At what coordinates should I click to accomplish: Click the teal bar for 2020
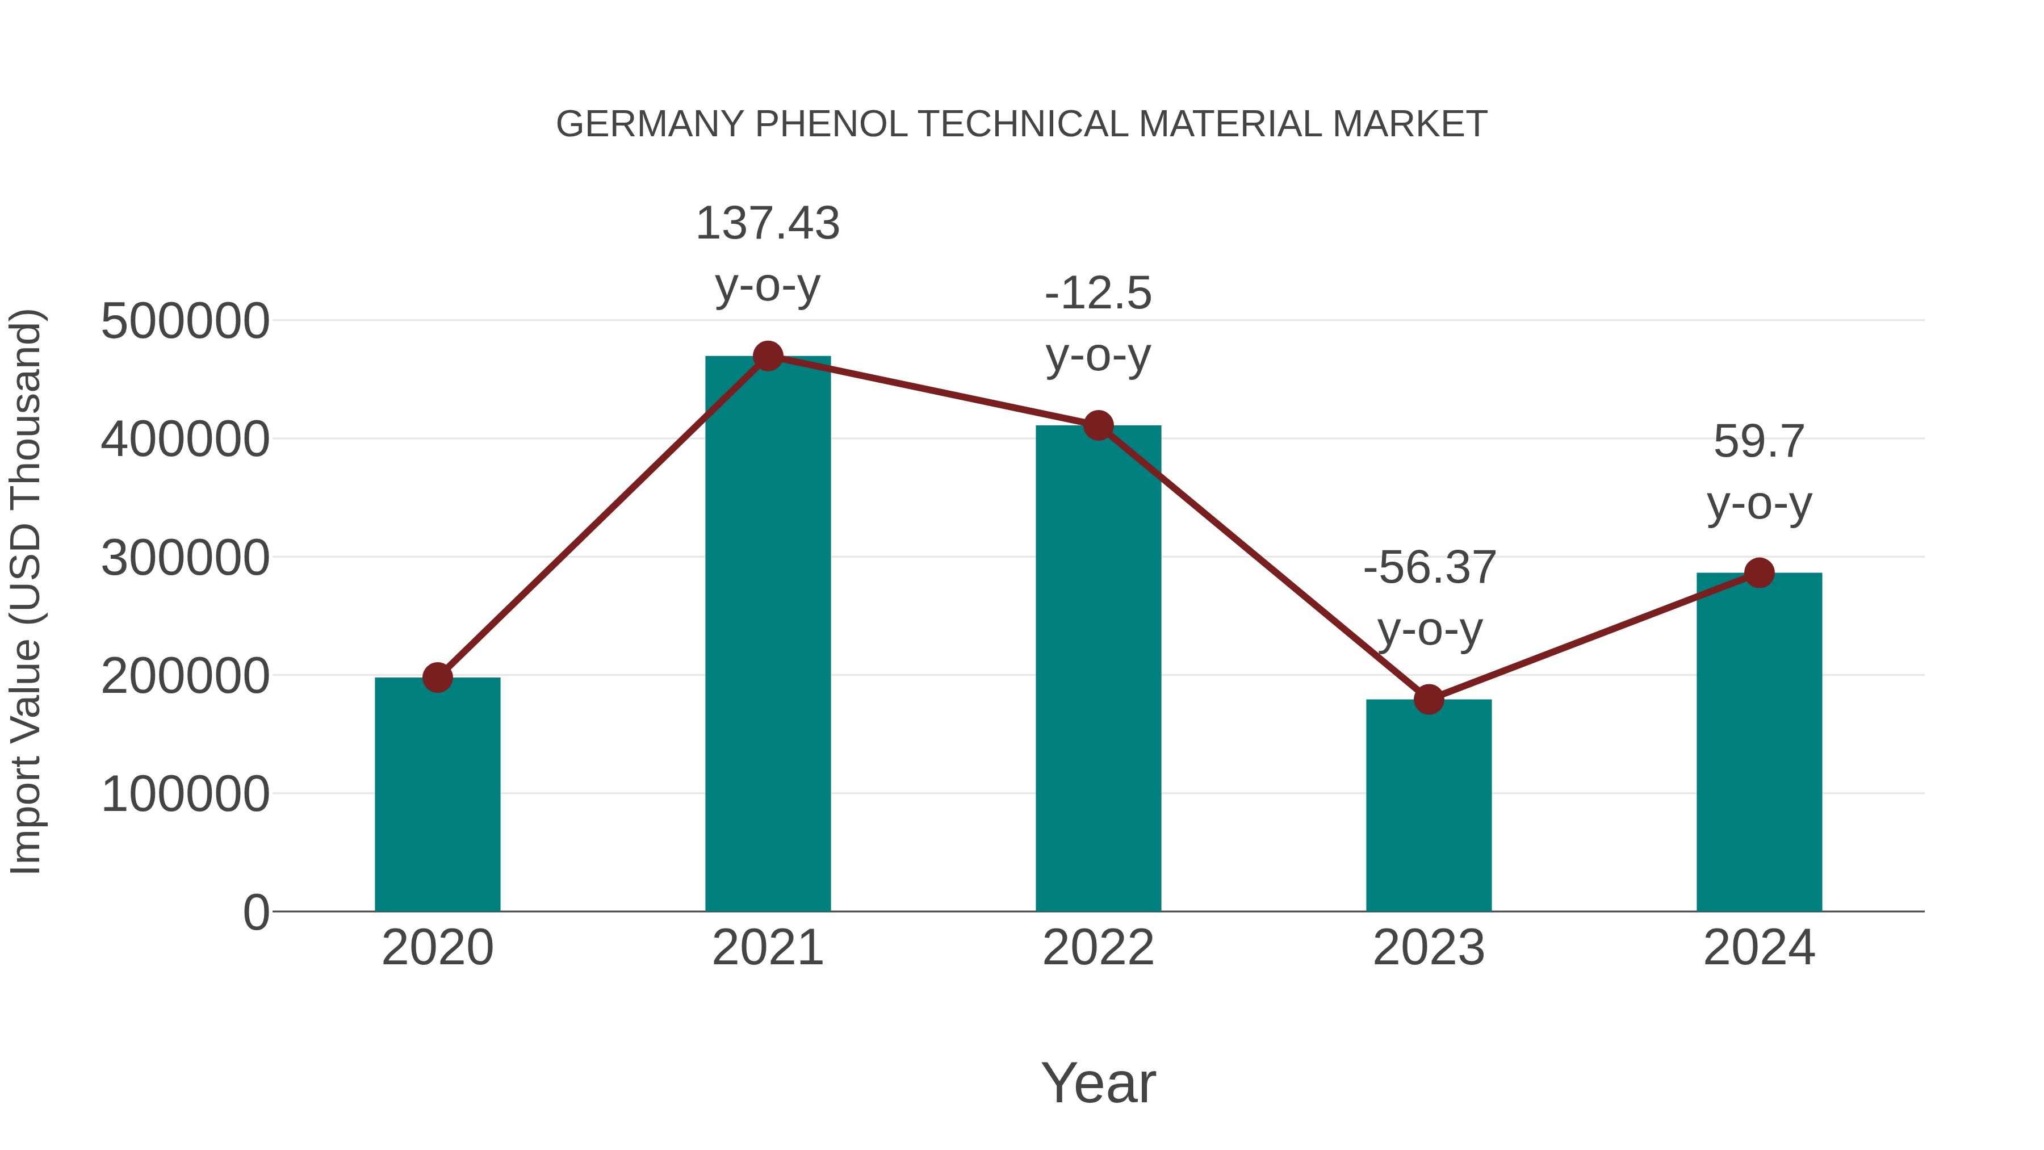437,794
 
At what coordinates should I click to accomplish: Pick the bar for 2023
1429,805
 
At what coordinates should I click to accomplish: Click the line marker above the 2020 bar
437,678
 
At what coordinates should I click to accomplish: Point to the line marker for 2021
767,356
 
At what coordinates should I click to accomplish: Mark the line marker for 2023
1429,699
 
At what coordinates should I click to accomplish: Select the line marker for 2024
1759,572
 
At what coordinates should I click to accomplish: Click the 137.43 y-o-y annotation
767,254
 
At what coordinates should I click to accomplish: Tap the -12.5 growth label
1098,324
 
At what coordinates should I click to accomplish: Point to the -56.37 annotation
1429,599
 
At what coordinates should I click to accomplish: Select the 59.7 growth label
1759,472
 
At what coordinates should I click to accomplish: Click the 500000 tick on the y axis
185,321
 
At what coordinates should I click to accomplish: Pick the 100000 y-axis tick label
185,794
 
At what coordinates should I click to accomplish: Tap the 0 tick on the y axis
256,912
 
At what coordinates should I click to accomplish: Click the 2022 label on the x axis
1098,948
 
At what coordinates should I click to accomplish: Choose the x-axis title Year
1098,1082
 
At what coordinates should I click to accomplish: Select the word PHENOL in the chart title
831,124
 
